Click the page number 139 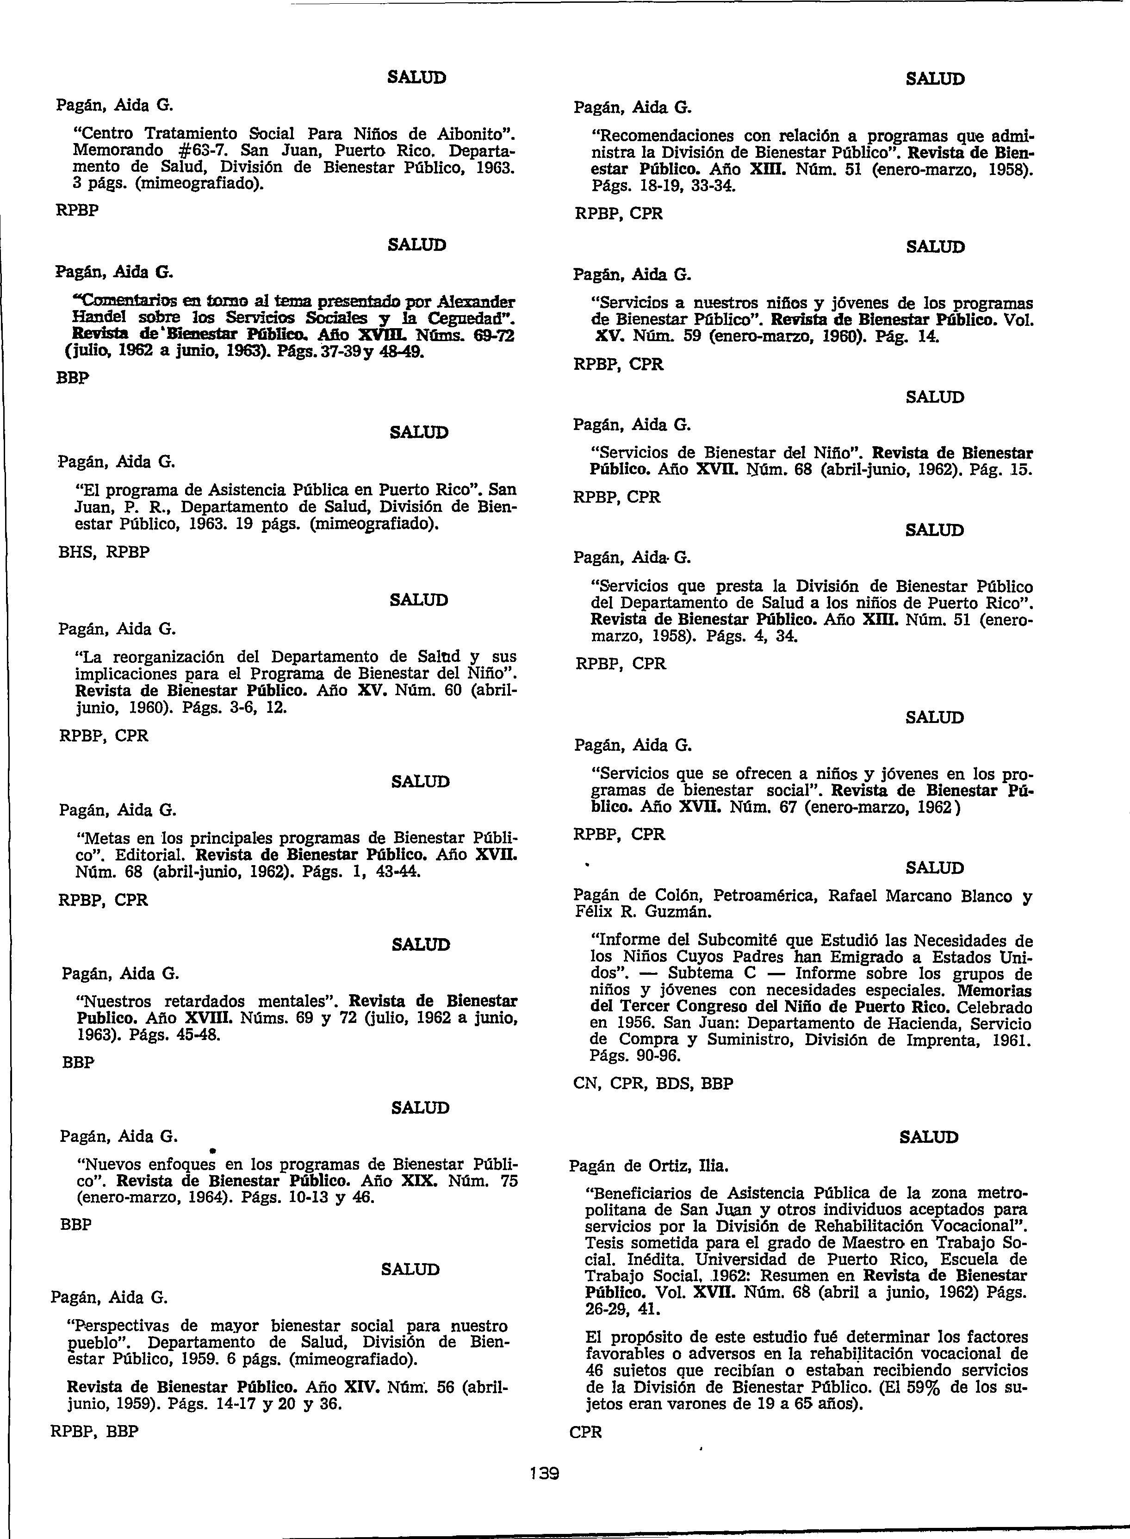coord(545,1472)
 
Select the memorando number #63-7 coord(199,150)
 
